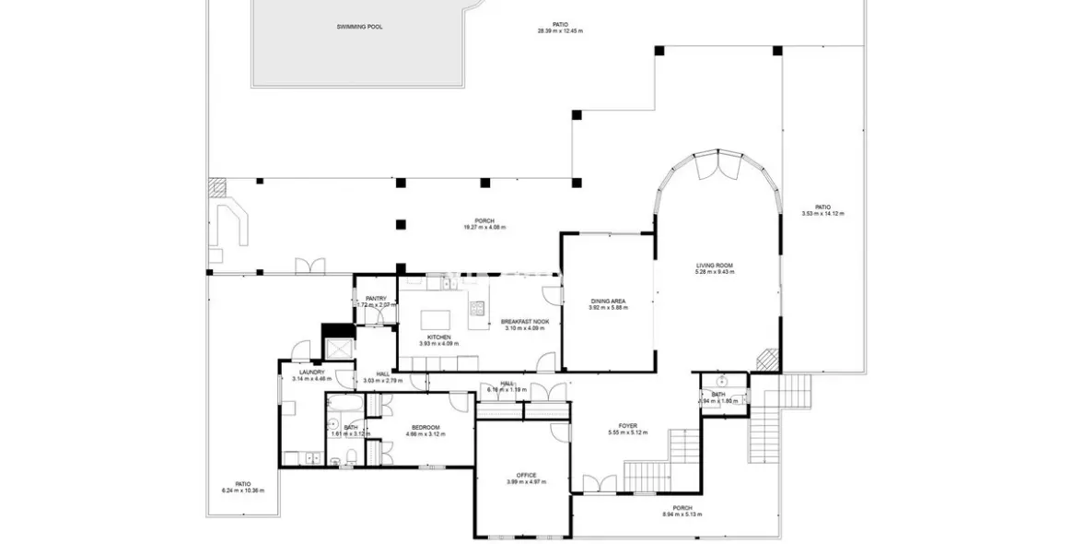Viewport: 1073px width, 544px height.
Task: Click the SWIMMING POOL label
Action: (x=359, y=27)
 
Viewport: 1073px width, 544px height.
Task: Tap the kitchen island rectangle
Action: (x=436, y=319)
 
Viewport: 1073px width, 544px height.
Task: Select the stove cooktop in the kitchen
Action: (x=477, y=310)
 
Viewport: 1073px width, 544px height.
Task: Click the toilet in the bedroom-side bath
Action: (x=352, y=457)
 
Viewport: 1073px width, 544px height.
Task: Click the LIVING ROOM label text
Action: (x=714, y=266)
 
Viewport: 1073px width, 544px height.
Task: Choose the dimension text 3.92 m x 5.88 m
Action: (x=608, y=308)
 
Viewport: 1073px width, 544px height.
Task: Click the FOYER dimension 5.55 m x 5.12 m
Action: (x=628, y=432)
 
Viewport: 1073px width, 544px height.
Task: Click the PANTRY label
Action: (x=375, y=298)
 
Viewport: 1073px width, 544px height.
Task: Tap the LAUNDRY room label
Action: (x=309, y=373)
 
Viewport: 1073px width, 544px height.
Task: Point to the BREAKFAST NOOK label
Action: (x=525, y=322)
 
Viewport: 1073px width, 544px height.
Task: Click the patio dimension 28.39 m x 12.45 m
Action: (x=560, y=30)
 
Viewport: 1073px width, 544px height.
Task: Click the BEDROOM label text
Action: (x=425, y=427)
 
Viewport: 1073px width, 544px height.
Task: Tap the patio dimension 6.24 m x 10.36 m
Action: (x=242, y=490)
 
